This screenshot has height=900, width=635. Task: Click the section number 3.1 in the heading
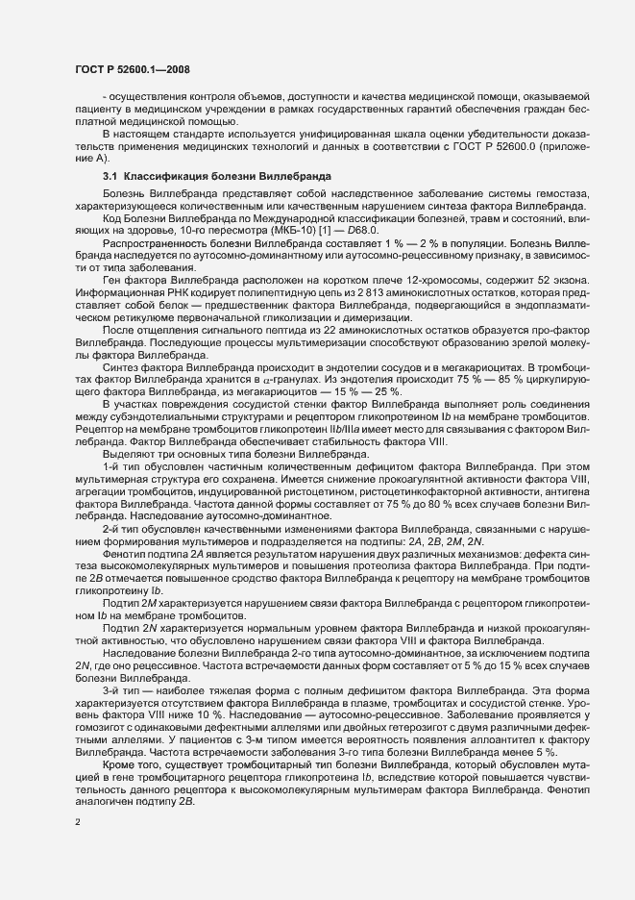[x=110, y=177]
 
